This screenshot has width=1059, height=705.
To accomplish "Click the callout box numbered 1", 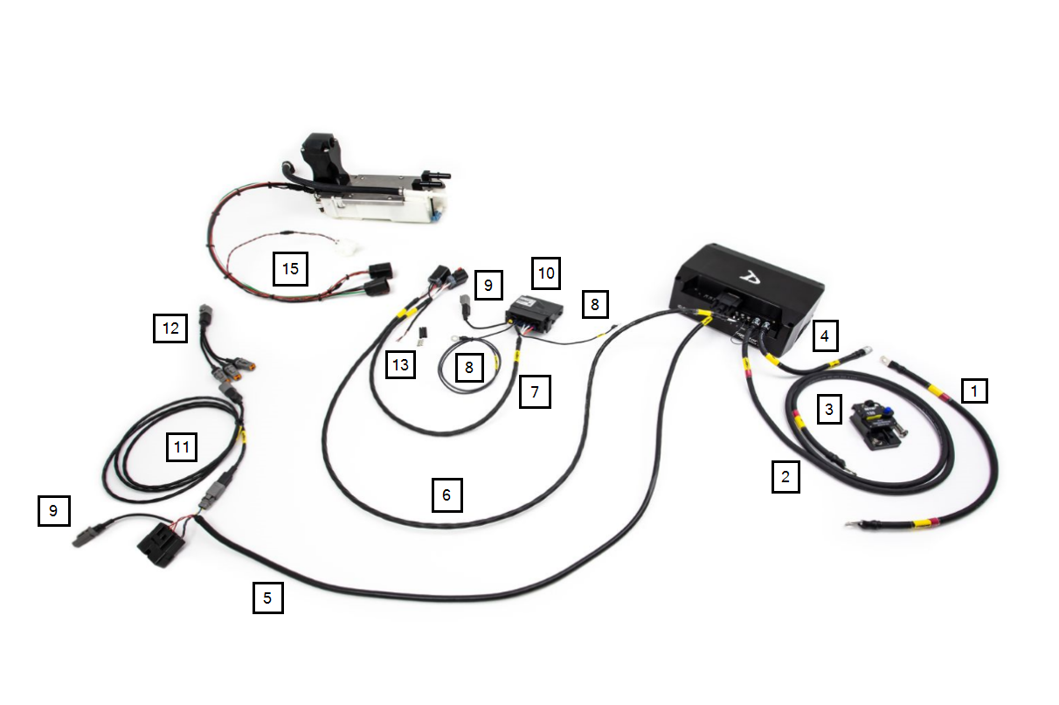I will (974, 390).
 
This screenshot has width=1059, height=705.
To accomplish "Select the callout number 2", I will (786, 477).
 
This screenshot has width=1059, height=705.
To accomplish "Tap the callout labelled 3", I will (830, 408).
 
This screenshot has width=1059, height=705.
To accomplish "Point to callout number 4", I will (827, 335).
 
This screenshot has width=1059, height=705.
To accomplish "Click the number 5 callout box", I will (267, 598).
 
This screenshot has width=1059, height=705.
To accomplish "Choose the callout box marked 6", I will (446, 495).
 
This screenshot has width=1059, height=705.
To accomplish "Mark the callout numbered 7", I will (535, 392).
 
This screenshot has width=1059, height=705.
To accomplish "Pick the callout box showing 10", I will (547, 273).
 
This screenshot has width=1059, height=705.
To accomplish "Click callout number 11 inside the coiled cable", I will (182, 448).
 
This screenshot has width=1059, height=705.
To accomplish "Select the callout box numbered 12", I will (170, 328).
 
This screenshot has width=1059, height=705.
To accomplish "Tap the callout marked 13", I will (400, 365).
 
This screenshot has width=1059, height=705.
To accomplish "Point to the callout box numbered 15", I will (291, 268).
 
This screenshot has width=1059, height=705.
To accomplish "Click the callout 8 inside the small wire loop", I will (468, 368).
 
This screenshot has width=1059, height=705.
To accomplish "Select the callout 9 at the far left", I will (53, 511).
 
